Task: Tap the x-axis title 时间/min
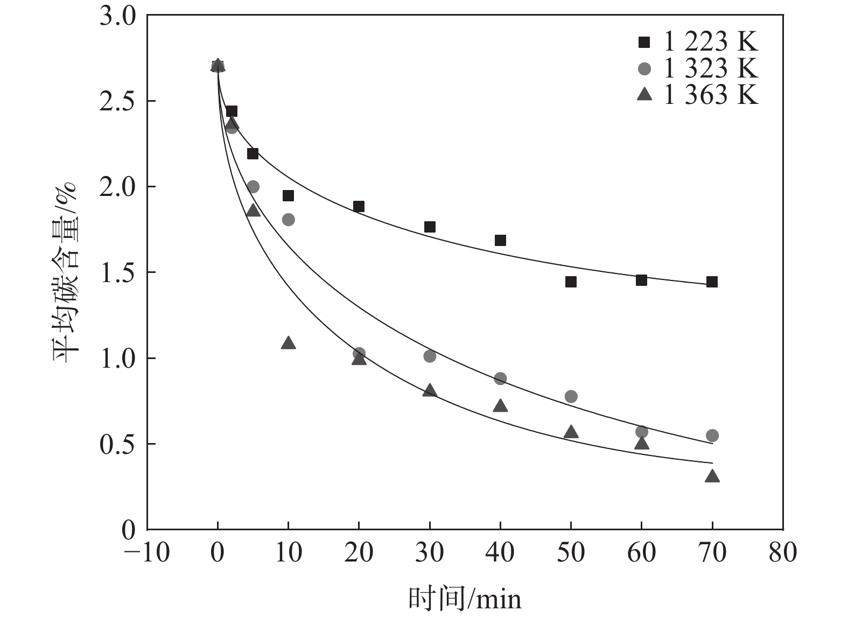(x=465, y=599)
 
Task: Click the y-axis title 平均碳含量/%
(x=66, y=273)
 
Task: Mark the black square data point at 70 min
(x=712, y=282)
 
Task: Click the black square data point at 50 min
(x=571, y=282)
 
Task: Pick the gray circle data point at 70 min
(x=712, y=436)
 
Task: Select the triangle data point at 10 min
(x=288, y=343)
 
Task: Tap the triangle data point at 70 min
(x=712, y=476)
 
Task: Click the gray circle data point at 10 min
(x=288, y=220)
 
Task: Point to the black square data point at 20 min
(x=359, y=207)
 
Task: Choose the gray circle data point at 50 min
(x=571, y=397)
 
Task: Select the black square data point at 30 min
(x=430, y=227)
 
